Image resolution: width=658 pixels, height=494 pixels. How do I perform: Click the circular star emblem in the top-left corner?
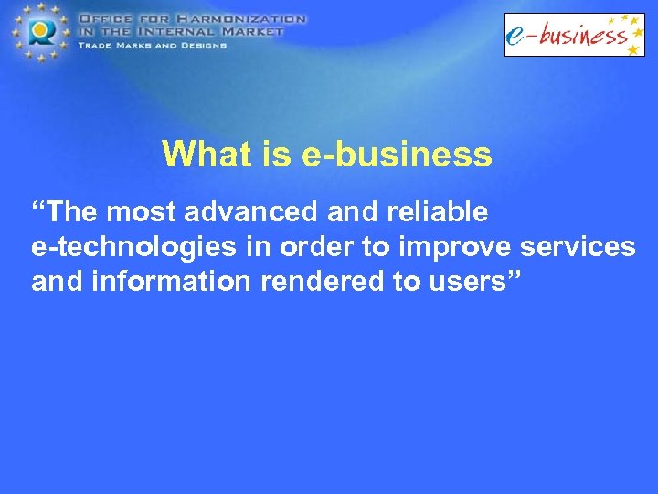[38, 32]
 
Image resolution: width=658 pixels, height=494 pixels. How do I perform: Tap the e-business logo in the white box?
[574, 35]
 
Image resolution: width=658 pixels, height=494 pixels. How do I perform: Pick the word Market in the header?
[249, 30]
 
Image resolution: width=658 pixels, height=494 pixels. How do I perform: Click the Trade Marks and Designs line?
[152, 45]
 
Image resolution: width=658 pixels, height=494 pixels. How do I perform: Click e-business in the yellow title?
[396, 155]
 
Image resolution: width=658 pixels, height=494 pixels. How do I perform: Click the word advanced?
[239, 212]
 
